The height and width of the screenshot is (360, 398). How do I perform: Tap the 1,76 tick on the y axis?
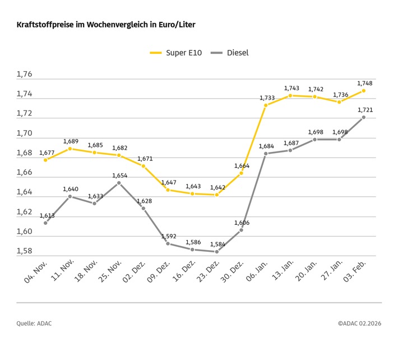(25, 75)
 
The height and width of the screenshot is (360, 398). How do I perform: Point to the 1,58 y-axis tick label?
(25, 251)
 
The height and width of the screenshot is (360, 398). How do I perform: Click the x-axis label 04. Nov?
(36, 274)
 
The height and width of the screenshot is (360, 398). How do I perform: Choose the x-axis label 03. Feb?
(354, 274)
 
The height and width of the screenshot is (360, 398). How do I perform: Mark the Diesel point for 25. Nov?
(119, 183)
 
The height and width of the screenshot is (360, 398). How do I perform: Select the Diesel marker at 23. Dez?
(216, 251)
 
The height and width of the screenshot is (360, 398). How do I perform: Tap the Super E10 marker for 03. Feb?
(363, 90)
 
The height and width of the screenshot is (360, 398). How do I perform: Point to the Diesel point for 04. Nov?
(45, 223)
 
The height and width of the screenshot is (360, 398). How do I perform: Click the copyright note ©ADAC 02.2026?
(359, 324)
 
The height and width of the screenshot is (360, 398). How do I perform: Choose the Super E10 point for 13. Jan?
(290, 95)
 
